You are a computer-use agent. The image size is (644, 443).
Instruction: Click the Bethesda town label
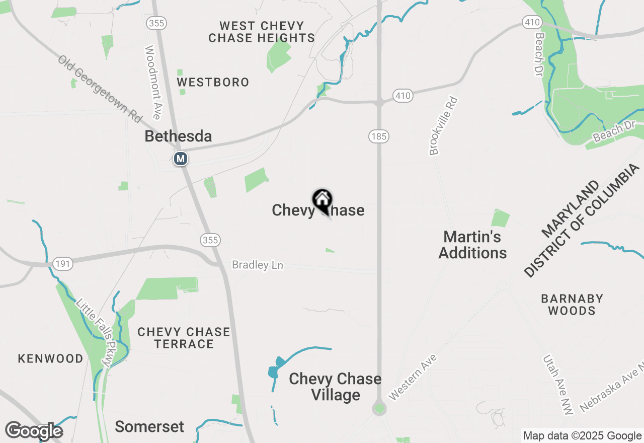pos(178,136)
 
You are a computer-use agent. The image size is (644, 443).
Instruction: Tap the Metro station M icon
pos(180,159)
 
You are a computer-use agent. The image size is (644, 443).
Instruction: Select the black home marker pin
pos(323,201)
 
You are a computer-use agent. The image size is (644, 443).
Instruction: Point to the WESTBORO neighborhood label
pos(213,82)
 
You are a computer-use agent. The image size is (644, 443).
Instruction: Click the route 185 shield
pos(378,136)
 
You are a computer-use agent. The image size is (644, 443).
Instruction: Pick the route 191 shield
pos(63,263)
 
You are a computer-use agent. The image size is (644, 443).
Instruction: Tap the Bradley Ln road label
pos(258,265)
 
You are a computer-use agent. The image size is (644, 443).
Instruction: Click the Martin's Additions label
pos(472,245)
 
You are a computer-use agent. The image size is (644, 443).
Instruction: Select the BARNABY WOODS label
pos(572,305)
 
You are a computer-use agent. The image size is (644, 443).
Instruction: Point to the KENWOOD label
pos(51,358)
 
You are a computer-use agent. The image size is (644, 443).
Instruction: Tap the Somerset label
pos(149,426)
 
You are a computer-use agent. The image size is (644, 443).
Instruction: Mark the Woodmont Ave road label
pos(152,83)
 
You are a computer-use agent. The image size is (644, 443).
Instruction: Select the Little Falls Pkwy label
pos(96,333)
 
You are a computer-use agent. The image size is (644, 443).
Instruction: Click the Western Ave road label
pos(413,378)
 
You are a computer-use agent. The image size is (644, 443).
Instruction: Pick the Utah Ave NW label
pos(557,385)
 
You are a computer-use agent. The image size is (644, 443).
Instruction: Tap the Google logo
pos(34,431)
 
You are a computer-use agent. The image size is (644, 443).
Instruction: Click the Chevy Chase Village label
pos(335,387)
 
